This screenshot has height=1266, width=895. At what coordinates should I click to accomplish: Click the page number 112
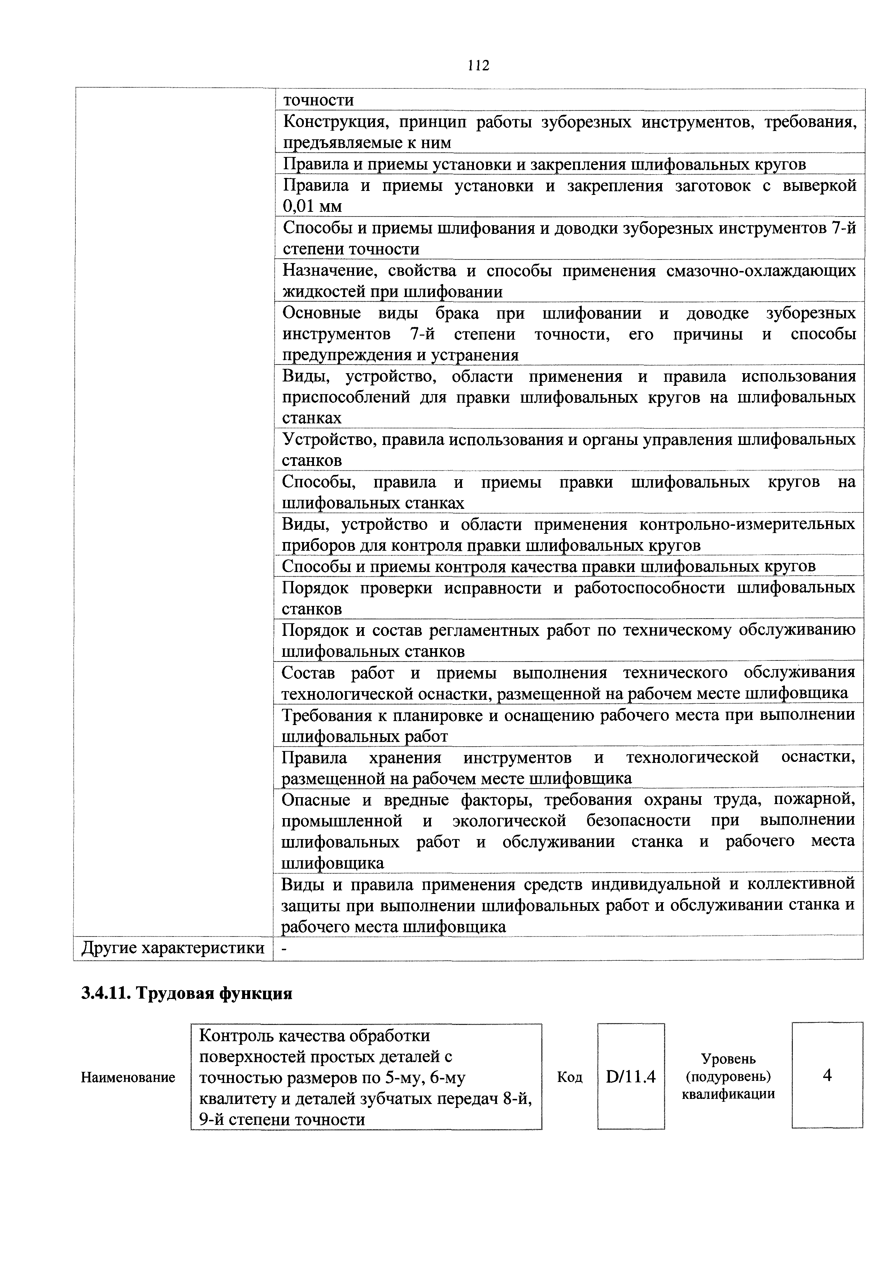(x=477, y=66)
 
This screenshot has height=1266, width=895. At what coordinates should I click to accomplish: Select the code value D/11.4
(x=630, y=1076)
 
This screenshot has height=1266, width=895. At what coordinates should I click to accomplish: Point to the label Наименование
(x=128, y=1077)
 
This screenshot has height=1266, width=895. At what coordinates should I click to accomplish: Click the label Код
(x=569, y=1077)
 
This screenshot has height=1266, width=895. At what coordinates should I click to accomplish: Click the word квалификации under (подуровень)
(x=728, y=1094)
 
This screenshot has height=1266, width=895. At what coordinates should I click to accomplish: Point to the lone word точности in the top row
(x=318, y=100)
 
